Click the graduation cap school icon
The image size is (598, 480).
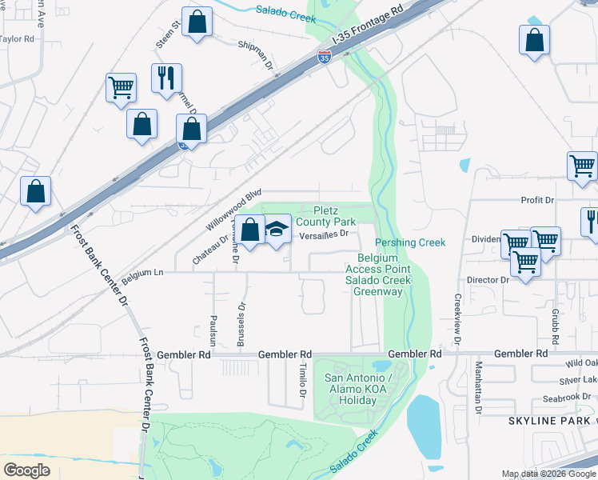coord(276,230)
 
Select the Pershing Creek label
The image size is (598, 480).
coord(409,242)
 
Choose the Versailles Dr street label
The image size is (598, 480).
coord(325,234)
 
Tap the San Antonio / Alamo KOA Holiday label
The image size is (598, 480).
coord(357,389)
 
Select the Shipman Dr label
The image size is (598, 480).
coord(256,46)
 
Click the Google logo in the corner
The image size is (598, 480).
coord(26,470)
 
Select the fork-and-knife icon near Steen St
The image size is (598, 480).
coord(166,78)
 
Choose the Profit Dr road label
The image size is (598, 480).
coord(537,200)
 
